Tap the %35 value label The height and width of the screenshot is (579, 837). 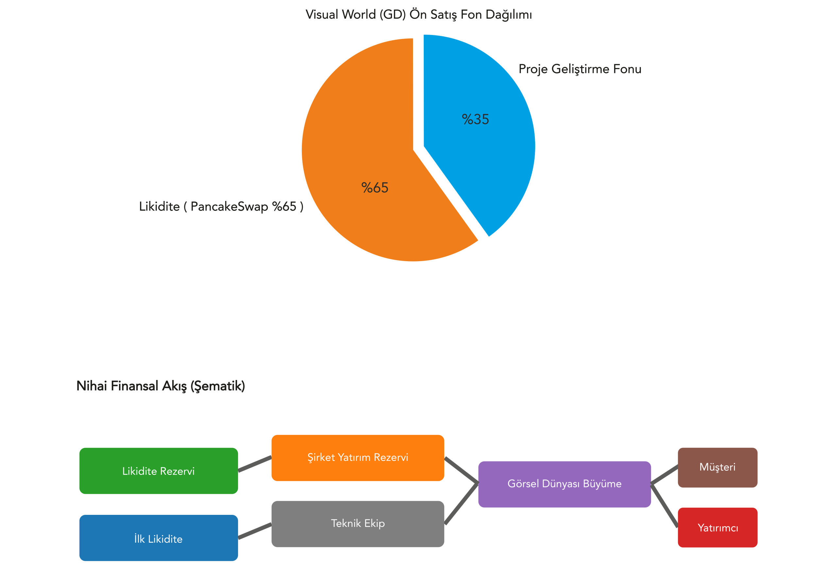coord(475,119)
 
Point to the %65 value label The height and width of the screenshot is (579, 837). coord(375,188)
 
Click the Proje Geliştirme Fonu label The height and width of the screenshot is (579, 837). coord(580,69)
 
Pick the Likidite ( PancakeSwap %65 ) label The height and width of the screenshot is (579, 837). coord(221,207)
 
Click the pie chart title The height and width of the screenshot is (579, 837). coord(418,14)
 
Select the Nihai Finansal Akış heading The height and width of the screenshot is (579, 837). coord(161,386)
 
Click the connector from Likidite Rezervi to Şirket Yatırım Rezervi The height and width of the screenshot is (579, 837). coord(255,464)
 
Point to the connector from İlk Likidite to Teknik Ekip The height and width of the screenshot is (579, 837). coord(255,531)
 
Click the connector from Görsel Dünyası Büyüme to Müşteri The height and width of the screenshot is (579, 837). coord(664,475)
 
